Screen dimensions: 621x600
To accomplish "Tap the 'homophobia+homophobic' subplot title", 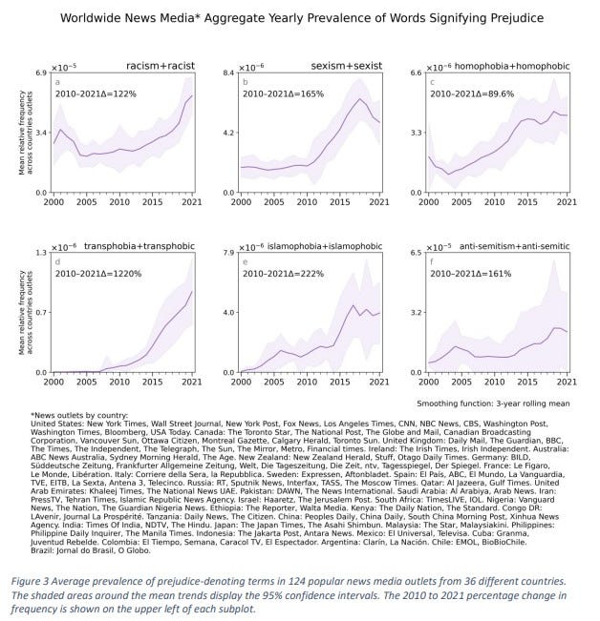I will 517,64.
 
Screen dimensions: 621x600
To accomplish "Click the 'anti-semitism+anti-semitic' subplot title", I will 514,245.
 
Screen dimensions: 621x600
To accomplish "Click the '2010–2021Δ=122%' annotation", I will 96,93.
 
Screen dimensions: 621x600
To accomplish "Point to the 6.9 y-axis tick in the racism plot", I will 42,73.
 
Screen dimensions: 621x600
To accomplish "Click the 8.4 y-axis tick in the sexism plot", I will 228,73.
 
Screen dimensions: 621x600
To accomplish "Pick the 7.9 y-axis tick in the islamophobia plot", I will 228,253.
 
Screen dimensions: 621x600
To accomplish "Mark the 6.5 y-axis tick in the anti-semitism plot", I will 415,253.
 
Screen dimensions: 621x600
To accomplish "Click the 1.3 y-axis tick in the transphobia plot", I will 42,253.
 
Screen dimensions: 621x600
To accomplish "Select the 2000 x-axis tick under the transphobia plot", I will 54,382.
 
